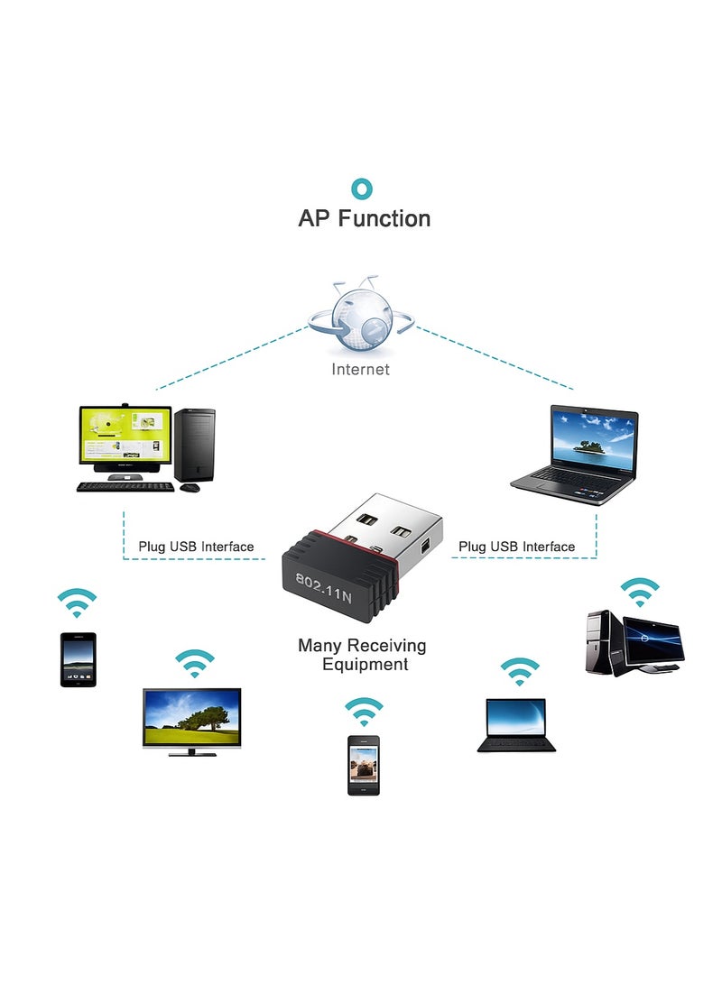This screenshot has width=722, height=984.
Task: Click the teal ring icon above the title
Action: [x=362, y=189]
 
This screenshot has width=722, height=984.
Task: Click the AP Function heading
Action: [x=364, y=218]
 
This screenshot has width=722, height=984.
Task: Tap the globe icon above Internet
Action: [x=361, y=320]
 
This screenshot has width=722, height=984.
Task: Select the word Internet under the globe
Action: [x=361, y=369]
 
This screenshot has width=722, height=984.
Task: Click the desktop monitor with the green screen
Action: [x=125, y=437]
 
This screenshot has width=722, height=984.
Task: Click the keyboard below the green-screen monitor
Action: [x=125, y=487]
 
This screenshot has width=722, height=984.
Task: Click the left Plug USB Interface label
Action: [x=196, y=547]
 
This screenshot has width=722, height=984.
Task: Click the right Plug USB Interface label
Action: [x=516, y=547]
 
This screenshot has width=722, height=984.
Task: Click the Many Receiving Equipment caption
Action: [x=363, y=655]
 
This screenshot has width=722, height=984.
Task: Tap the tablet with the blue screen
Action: [x=79, y=659]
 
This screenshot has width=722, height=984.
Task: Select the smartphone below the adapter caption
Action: [x=364, y=765]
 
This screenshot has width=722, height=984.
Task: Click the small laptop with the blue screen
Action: [x=516, y=724]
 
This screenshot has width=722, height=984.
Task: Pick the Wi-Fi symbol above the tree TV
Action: [x=195, y=664]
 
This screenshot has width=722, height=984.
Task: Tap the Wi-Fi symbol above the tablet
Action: [x=77, y=602]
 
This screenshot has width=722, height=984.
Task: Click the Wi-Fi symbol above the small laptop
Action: [x=520, y=672]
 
